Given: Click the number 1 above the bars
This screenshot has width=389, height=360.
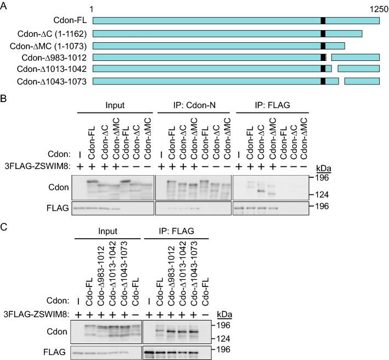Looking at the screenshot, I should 93,9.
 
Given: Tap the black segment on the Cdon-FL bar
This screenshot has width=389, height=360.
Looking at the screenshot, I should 323,20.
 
